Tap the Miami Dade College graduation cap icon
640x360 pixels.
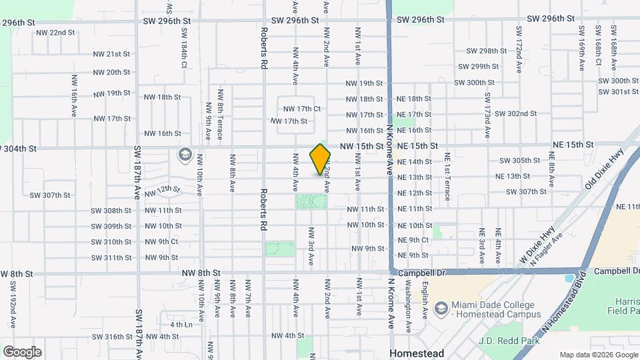440,309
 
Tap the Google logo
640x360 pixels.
22,351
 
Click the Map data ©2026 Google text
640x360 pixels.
598,355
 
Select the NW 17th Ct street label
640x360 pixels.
302,109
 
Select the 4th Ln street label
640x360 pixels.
181,325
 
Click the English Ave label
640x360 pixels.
424,299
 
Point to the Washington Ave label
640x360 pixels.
408,304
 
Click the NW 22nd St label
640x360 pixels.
55,32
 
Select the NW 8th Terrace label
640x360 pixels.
221,115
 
